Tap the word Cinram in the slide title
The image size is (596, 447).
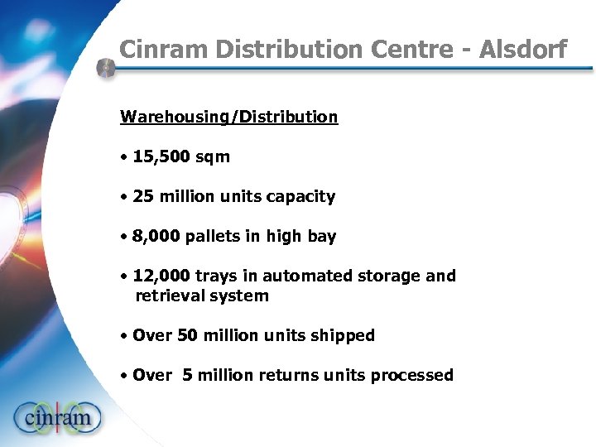pos(164,50)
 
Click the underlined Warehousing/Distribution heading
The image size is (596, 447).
pos(229,117)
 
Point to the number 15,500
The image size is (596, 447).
pos(161,156)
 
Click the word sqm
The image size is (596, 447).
pos(212,156)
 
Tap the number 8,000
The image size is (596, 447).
pos(156,236)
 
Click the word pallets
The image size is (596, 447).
pos(214,237)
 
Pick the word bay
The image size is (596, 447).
pos(321,237)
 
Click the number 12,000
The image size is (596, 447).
pos(161,276)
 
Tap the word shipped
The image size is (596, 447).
pos(341,335)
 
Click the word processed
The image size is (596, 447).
pos(411,375)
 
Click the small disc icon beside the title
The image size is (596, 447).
pos(105,68)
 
